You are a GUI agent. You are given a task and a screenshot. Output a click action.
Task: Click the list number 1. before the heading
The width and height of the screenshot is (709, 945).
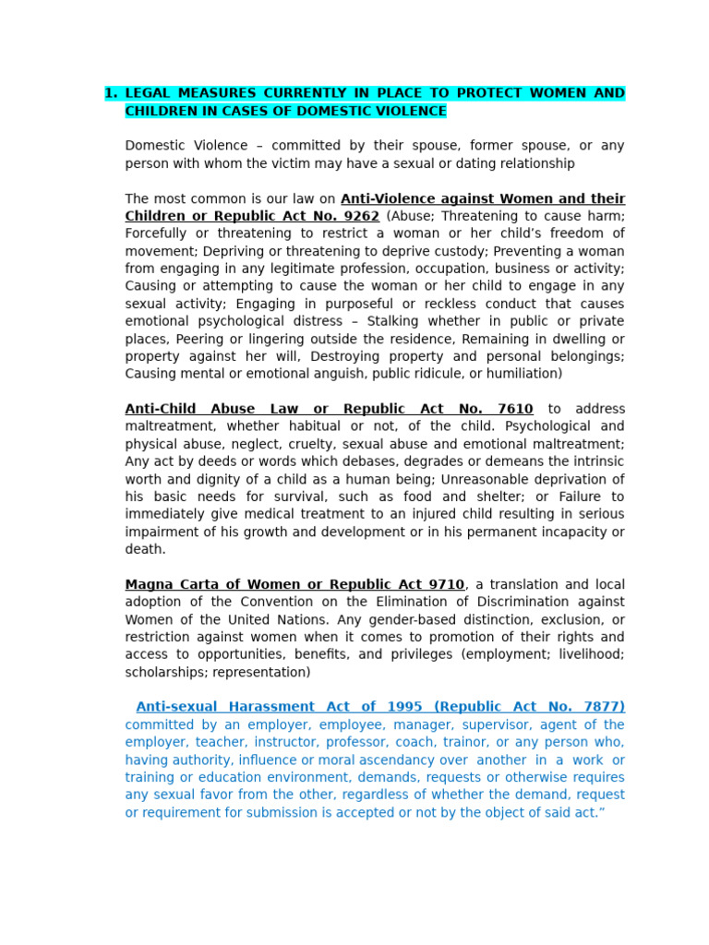(111, 93)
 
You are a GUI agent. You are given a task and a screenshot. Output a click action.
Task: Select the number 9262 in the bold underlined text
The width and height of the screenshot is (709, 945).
(360, 216)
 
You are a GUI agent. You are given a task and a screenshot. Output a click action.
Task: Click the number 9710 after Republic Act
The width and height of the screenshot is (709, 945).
(443, 584)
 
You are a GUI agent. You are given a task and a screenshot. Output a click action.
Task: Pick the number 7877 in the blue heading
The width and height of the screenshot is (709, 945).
(604, 707)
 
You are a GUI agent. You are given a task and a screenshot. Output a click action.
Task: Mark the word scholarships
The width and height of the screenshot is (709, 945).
(162, 672)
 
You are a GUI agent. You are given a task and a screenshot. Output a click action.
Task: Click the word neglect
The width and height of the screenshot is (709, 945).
(241, 444)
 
